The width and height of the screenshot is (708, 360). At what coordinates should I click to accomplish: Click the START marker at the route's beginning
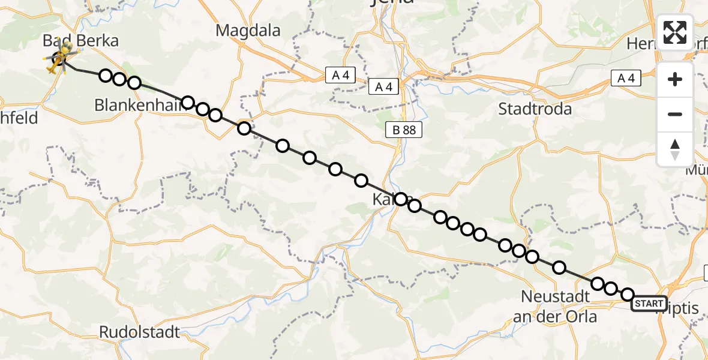coord(648,304)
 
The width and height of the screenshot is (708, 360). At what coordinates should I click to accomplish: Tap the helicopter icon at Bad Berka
coord(59,58)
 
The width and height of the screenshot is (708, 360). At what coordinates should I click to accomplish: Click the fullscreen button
coord(675,32)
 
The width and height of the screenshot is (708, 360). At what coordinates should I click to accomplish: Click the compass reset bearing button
coord(675,149)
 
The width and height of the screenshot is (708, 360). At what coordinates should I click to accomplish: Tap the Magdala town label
coord(248,31)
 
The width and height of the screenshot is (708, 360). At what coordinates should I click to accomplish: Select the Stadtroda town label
coord(535,109)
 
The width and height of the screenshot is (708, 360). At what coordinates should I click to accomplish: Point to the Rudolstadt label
coord(139,331)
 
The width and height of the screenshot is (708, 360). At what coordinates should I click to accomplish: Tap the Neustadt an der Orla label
coord(559,306)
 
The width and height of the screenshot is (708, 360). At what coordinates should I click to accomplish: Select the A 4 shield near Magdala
coord(341,75)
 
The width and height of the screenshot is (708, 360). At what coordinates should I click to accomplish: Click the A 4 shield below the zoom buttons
coord(626,77)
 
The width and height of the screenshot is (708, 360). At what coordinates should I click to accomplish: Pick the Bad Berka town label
coord(80,41)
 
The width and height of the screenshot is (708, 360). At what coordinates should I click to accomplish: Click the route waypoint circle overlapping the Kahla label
coord(401,199)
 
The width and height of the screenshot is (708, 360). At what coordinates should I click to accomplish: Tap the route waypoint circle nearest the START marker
coord(628,295)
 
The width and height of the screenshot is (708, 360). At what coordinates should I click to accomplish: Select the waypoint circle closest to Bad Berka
coord(106,76)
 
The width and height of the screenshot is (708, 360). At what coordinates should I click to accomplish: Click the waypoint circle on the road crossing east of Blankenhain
coord(244,128)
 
